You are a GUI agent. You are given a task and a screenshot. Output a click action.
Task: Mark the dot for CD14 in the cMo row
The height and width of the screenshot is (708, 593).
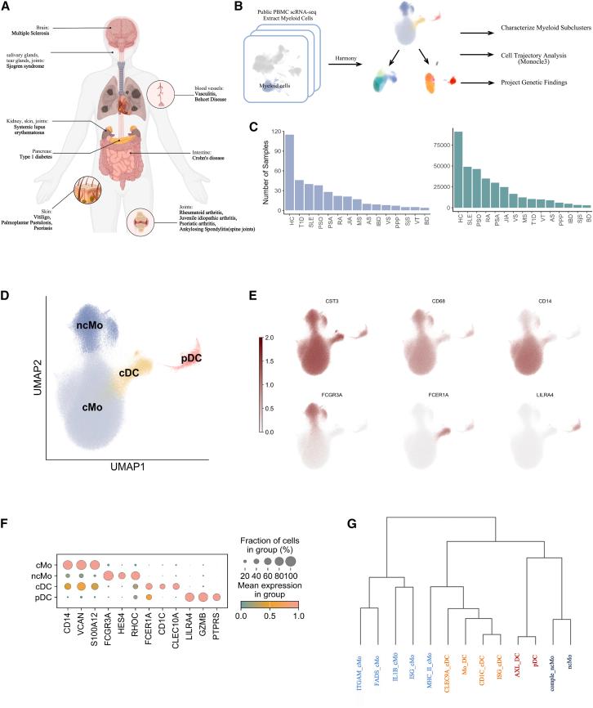tap(82, 566)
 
